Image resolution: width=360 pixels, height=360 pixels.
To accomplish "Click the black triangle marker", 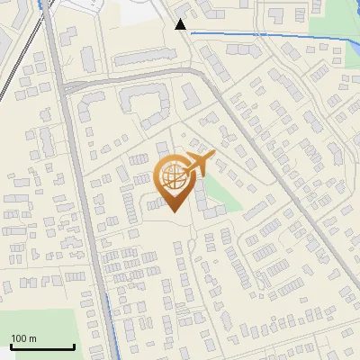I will click(x=181, y=24).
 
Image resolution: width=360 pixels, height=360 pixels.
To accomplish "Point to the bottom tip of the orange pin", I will click(x=175, y=212).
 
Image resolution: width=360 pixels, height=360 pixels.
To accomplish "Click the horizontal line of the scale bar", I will click(x=41, y=346).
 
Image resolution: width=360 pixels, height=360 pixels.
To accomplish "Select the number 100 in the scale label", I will click(x=19, y=338).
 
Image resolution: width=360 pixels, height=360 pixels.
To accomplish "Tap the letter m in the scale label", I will click(x=32, y=338).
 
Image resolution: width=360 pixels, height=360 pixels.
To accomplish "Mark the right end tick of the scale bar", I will click(x=74, y=345).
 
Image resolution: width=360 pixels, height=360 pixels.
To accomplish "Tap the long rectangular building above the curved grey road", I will click(x=88, y=58).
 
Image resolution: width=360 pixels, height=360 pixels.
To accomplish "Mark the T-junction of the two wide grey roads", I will click(x=63, y=87).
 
